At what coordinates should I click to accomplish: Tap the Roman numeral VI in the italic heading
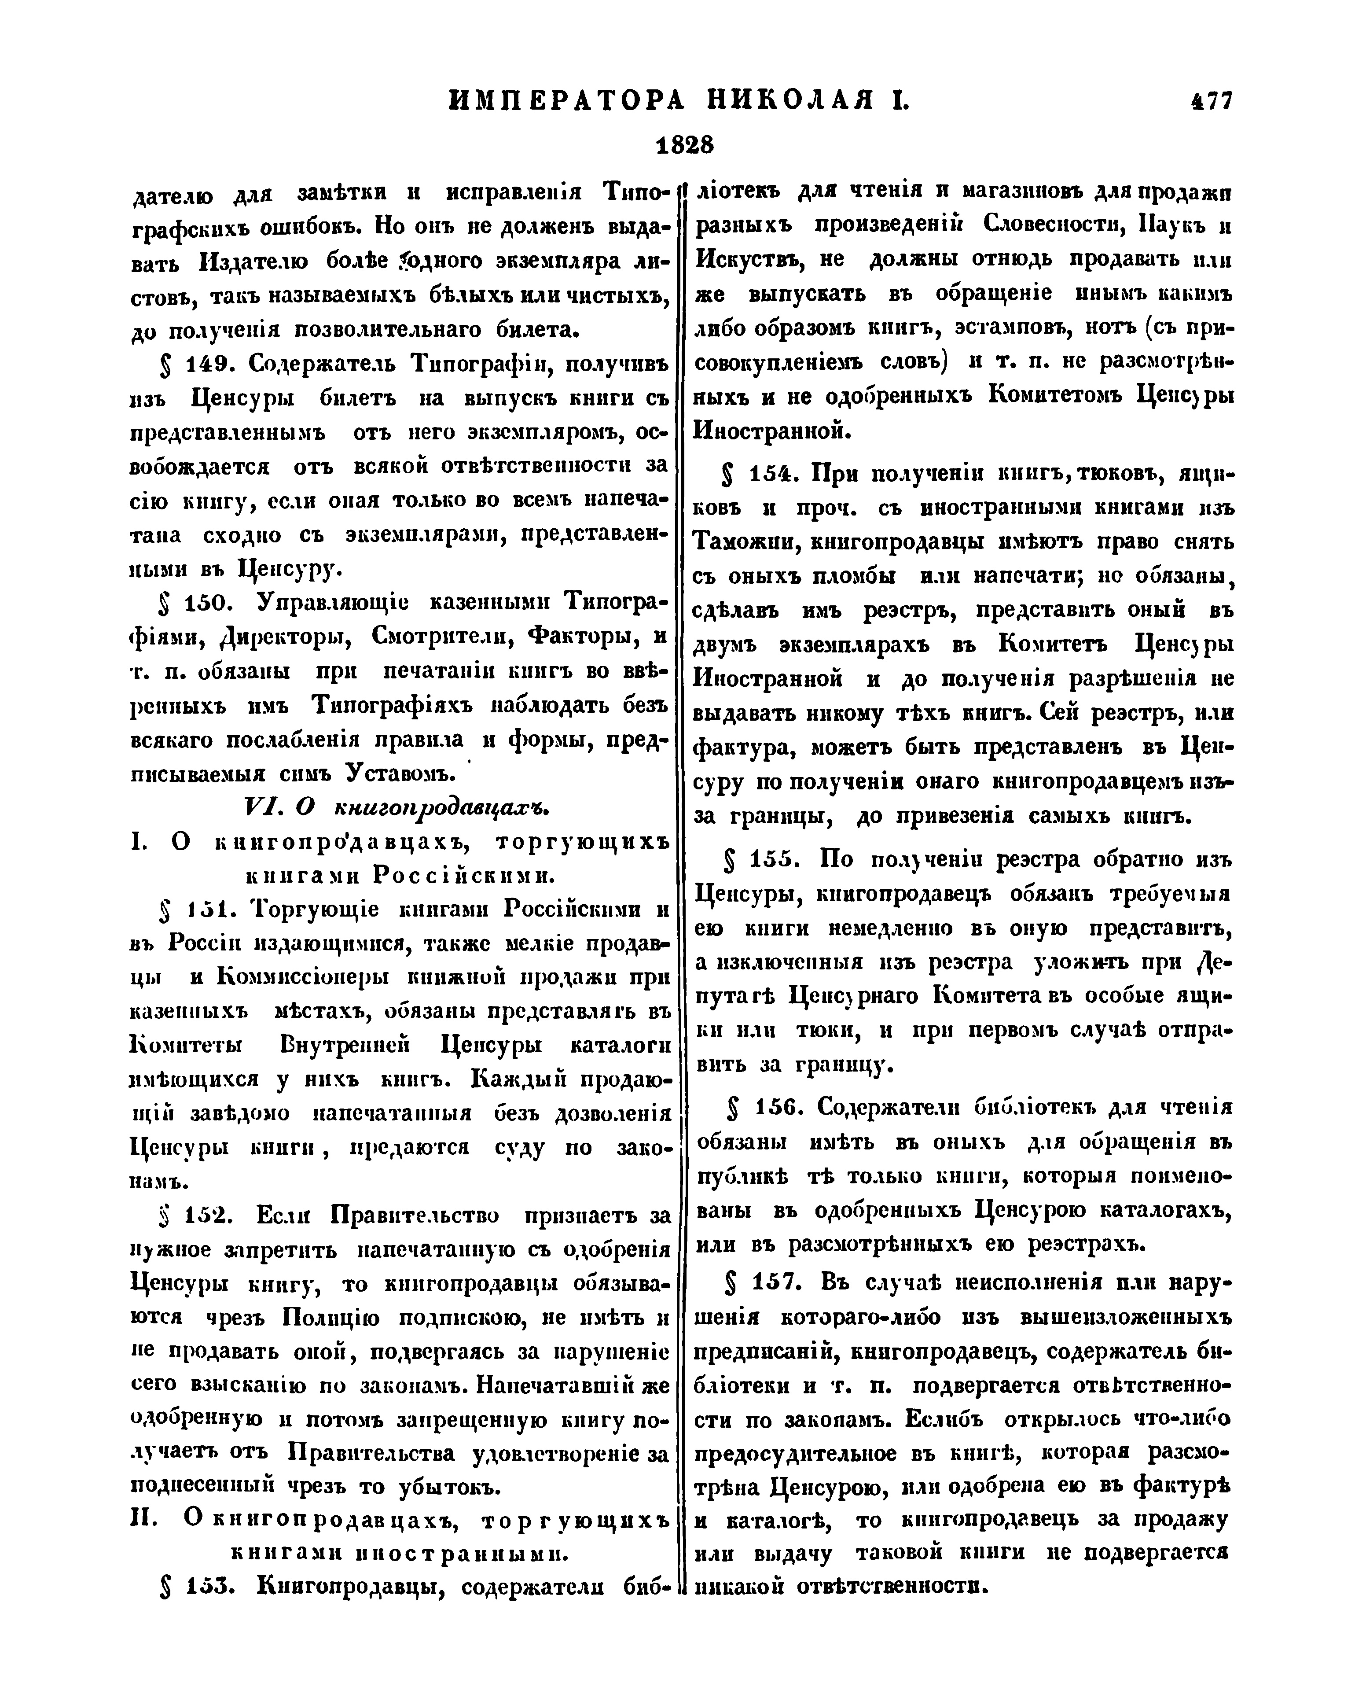(x=260, y=807)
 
